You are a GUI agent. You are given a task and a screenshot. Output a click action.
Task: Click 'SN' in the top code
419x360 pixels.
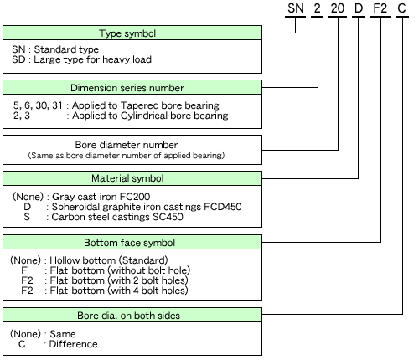coord(296,8)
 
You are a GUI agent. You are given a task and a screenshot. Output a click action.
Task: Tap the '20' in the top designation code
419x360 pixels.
coord(338,8)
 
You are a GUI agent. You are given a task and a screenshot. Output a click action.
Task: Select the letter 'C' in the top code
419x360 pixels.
coord(401,8)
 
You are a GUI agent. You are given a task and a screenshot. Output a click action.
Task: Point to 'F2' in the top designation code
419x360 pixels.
coord(380,8)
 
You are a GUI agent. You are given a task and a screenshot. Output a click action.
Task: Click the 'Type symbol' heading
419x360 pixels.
coord(127,33)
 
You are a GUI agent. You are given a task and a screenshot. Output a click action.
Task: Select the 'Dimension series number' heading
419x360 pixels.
coord(127,88)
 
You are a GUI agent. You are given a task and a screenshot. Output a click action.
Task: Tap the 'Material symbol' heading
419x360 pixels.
coord(127,178)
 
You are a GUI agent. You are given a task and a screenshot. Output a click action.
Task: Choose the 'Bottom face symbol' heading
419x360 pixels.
coord(130,243)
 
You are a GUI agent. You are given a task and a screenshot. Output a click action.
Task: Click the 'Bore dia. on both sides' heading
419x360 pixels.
coord(128,316)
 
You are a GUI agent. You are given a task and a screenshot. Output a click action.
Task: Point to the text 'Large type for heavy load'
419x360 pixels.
coord(93,59)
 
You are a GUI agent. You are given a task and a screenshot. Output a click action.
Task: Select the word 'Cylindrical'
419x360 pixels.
coord(144,116)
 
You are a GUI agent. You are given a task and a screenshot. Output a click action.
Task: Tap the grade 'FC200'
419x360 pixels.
coord(135,197)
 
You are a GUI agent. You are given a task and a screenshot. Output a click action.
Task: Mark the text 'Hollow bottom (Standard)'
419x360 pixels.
coord(109,260)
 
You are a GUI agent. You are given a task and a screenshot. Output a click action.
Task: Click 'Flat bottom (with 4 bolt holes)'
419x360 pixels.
coord(119,291)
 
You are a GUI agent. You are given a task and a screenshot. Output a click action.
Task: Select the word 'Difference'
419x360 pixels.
coord(73,344)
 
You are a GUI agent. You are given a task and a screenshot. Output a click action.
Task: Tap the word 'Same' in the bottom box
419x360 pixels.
coord(63,334)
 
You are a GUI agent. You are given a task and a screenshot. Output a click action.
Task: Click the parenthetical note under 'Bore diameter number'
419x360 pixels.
coord(127,156)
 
